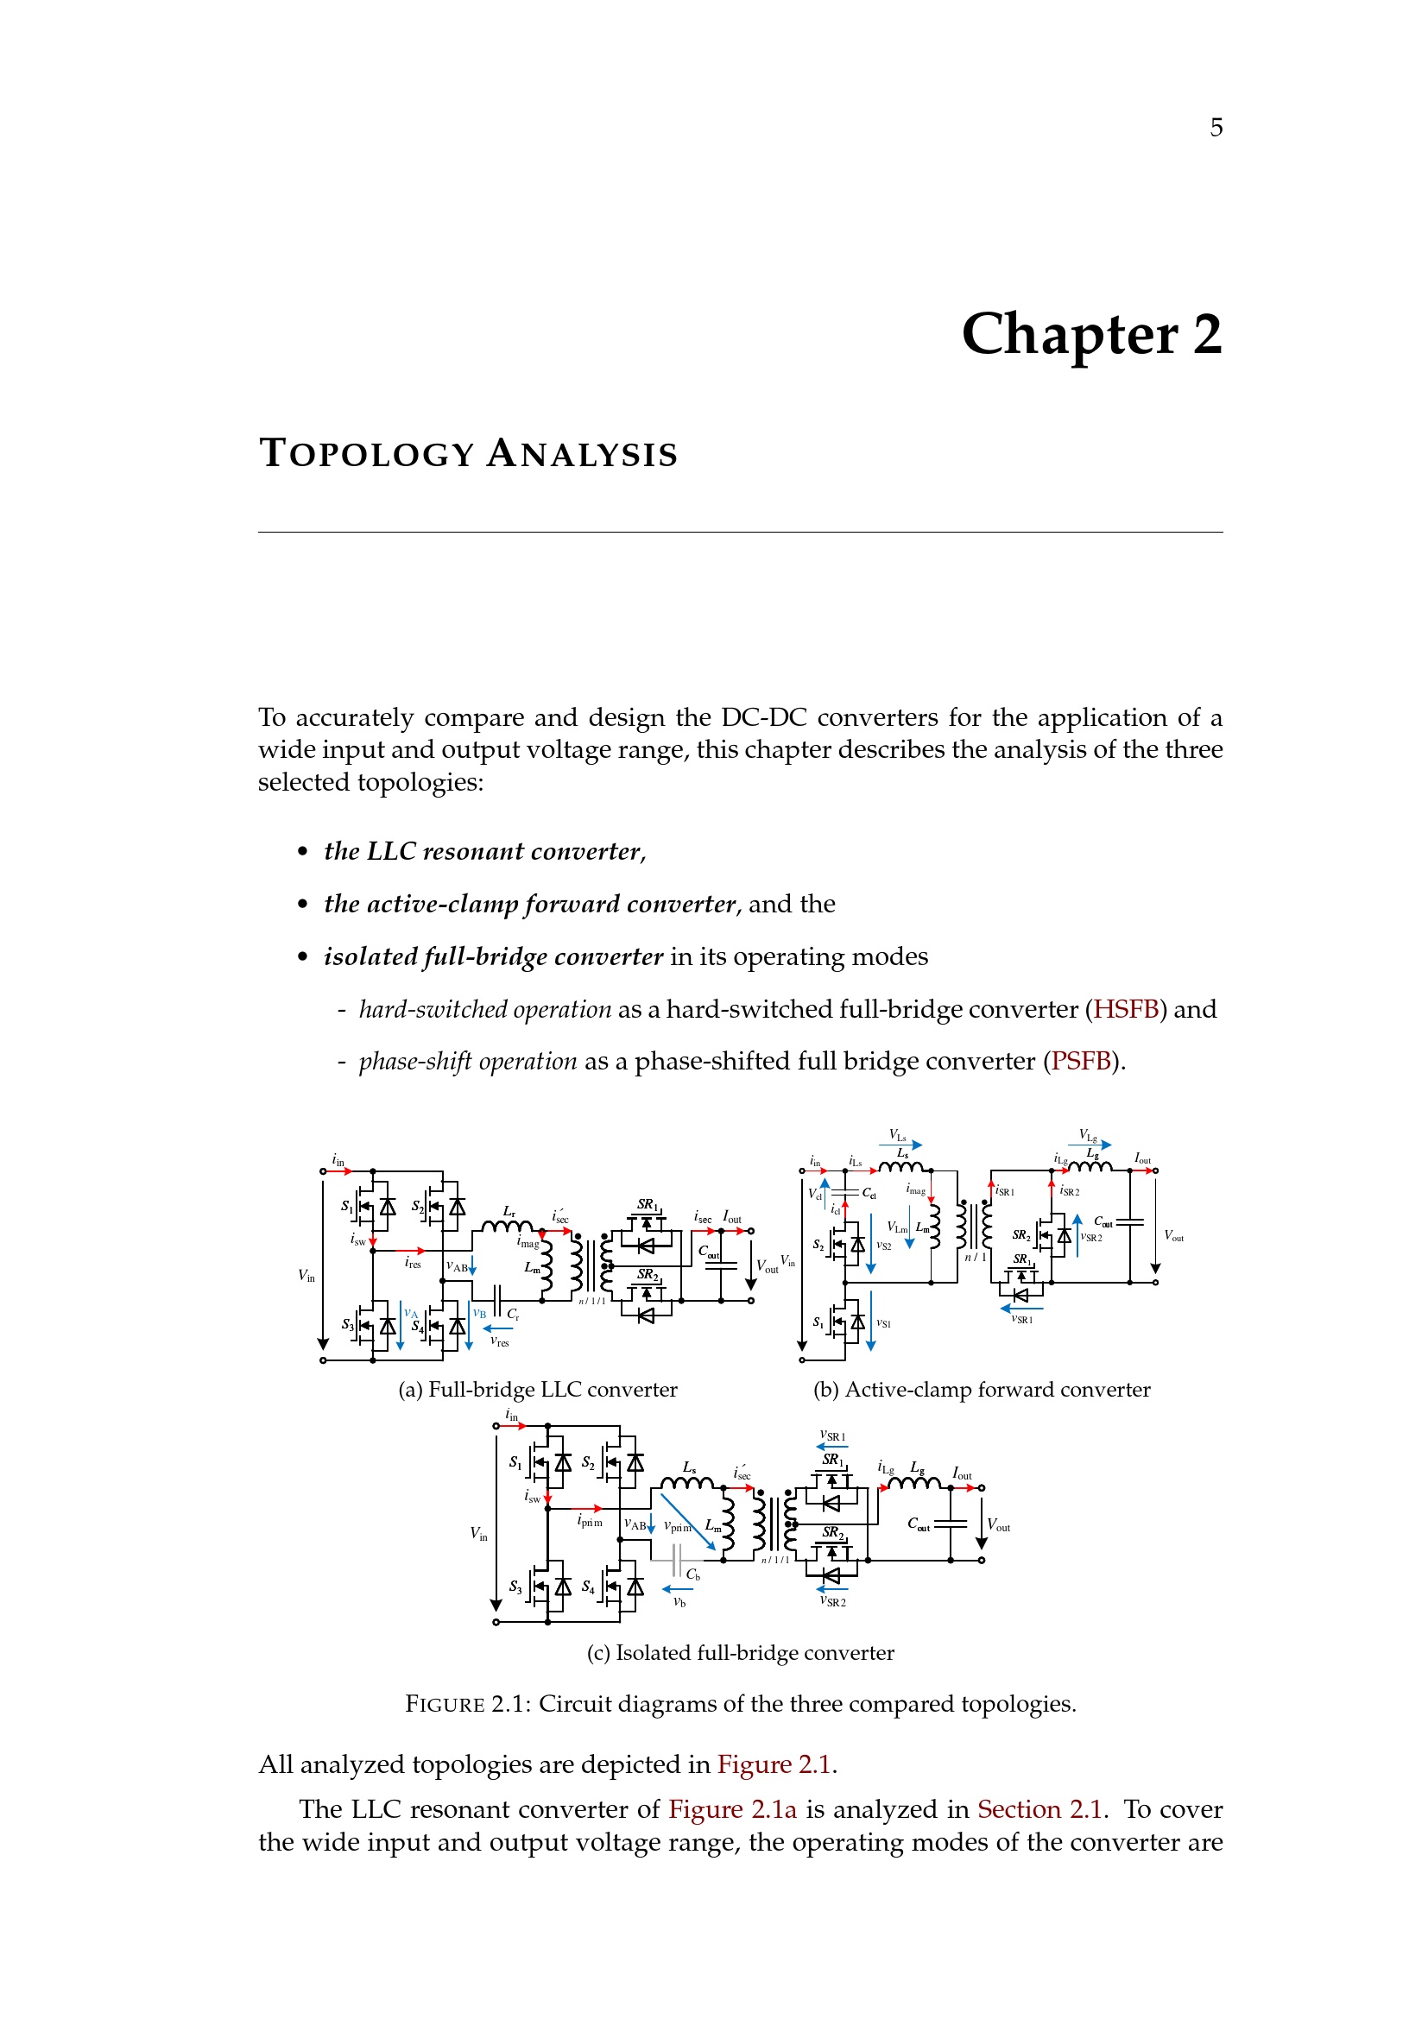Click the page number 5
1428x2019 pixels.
(x=1216, y=129)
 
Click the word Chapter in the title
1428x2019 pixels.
(x=1069, y=335)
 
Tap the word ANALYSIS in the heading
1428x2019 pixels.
(x=582, y=455)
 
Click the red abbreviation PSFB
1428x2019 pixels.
(x=1081, y=1062)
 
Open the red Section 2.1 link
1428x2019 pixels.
(x=1039, y=1809)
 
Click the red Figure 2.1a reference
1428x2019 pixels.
(x=731, y=1809)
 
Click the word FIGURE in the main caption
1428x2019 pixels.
(x=444, y=1704)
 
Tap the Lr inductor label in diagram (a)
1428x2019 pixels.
(x=509, y=1212)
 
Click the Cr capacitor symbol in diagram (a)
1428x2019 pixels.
(x=496, y=1300)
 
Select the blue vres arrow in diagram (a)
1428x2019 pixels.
(x=498, y=1328)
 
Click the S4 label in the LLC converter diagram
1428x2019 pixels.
(x=417, y=1326)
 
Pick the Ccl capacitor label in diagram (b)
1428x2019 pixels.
(x=869, y=1193)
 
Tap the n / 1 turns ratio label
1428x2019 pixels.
(x=975, y=1258)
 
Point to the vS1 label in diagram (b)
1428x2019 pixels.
(x=884, y=1323)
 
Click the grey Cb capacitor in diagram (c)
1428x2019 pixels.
(x=675, y=1561)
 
